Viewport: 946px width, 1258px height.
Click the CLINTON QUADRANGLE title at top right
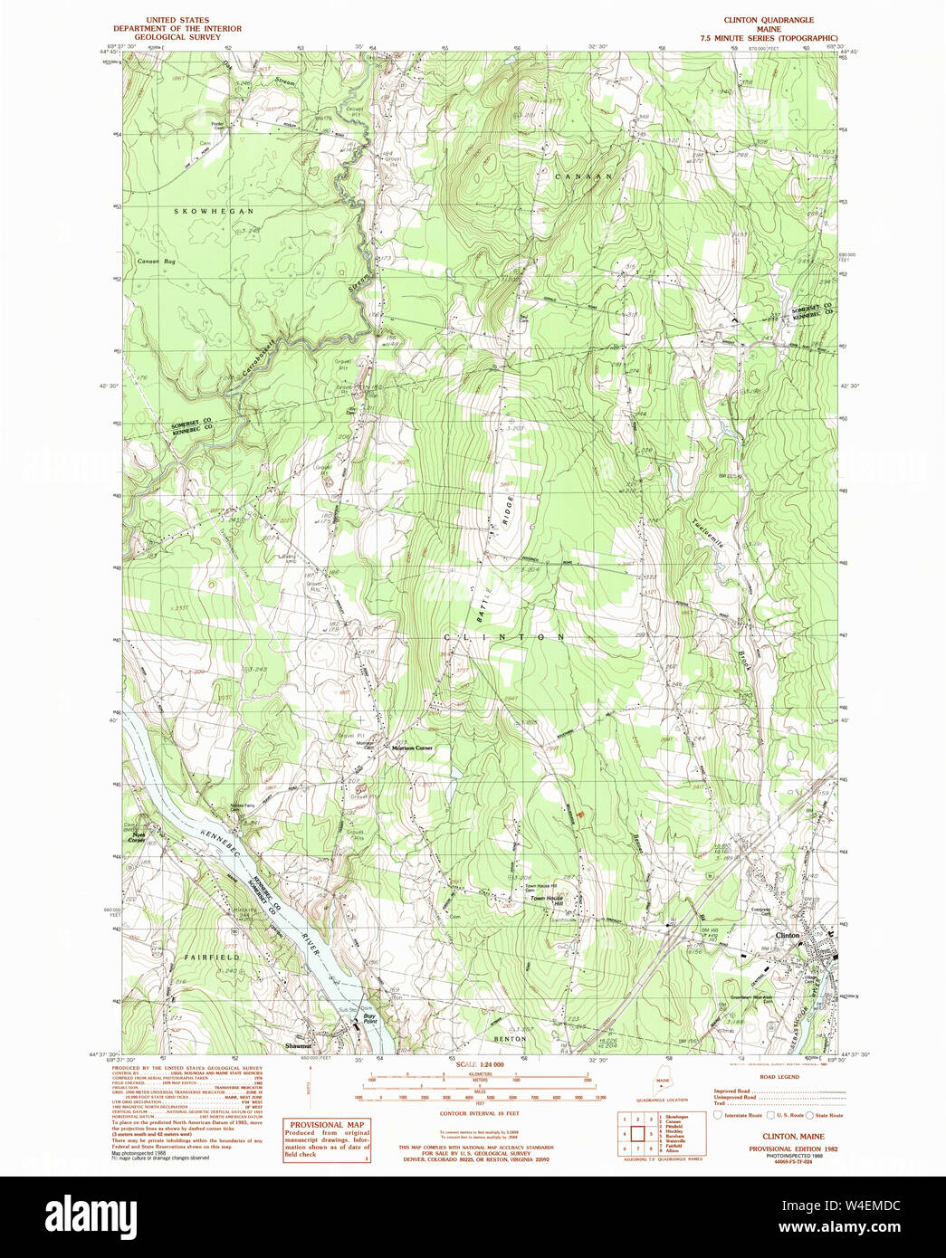coord(768,20)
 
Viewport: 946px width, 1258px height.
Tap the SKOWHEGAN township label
coord(214,211)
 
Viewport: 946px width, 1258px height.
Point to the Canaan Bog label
coord(156,262)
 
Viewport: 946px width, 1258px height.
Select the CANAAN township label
coord(583,176)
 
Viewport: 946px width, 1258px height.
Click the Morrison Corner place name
coord(412,748)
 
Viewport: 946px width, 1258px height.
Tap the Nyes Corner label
coord(138,837)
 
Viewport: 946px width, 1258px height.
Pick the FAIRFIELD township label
coord(212,957)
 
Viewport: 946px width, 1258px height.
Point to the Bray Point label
coord(369,1018)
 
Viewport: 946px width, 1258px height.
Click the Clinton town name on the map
coord(787,935)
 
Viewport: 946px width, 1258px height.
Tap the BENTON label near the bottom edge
coord(510,1039)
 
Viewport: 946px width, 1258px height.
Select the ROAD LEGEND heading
coord(779,1077)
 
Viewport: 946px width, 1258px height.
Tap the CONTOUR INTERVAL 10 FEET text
coord(476,1113)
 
